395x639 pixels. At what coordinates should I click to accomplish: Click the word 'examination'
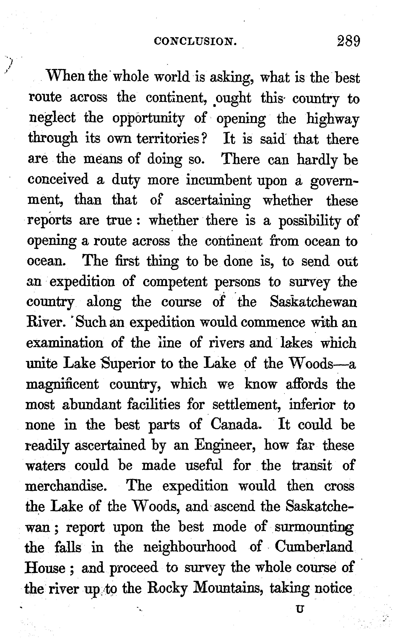(x=65, y=343)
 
